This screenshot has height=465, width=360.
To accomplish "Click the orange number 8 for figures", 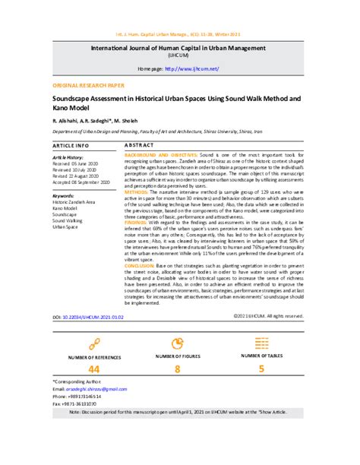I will coord(178,369).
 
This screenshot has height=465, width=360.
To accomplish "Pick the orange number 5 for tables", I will coord(261,369).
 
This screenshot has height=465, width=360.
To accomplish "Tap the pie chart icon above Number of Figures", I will coord(178,343).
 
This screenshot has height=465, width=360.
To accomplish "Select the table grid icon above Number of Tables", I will coord(261,343).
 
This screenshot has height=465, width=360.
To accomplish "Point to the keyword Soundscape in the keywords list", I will coord(66,215).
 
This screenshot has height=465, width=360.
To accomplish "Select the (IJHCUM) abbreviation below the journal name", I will coord(180,55).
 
